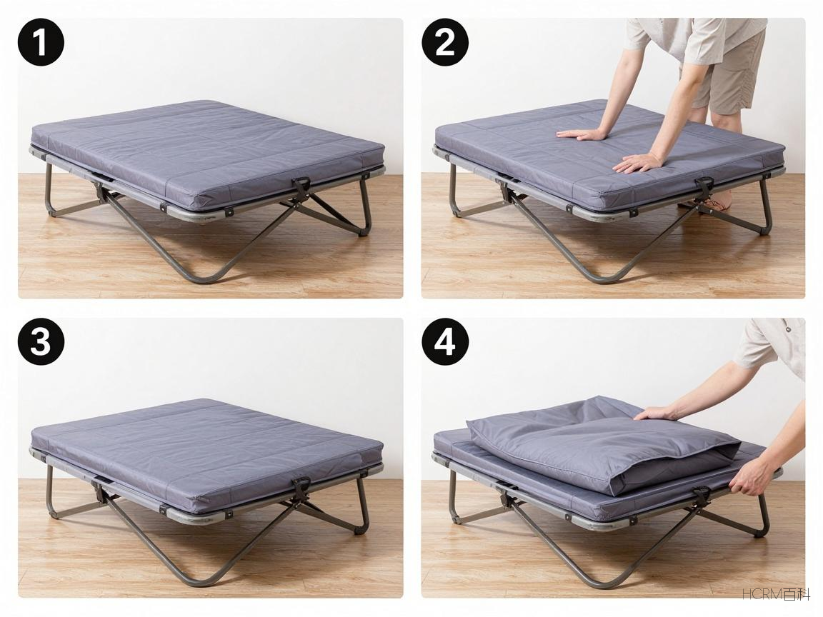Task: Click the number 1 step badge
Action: click(x=41, y=43)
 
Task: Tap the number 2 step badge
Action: click(x=445, y=43)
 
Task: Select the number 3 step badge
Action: click(x=41, y=342)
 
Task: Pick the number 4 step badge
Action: click(x=445, y=342)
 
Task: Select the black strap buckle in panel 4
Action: click(x=702, y=493)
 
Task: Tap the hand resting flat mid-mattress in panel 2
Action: click(x=581, y=135)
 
